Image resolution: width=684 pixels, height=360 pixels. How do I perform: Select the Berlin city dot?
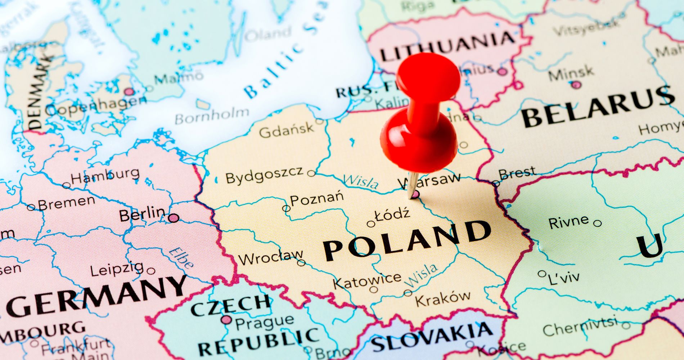click(x=174, y=218)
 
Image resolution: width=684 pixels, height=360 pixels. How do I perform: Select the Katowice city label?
click(x=367, y=280)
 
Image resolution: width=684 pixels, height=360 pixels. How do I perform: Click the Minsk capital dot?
click(x=576, y=85)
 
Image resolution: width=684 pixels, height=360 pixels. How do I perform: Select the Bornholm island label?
click(x=212, y=116)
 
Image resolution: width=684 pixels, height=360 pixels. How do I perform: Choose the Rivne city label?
click(x=568, y=221)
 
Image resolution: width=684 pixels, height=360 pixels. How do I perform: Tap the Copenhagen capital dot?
click(x=129, y=91)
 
